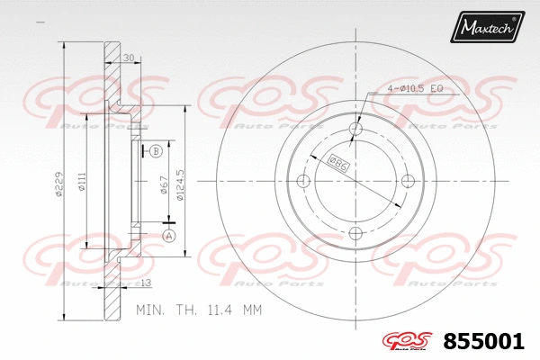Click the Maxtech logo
coord(488,30)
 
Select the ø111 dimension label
coord(80,184)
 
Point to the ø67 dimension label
coord(164,184)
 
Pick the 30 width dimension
coord(128,58)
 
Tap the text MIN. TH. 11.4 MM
coord(197,310)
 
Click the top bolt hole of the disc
coord(355,129)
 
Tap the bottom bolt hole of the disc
coord(355,234)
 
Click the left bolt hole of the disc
coord(302,182)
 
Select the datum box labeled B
coord(156,151)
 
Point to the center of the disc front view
coord(355,182)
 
